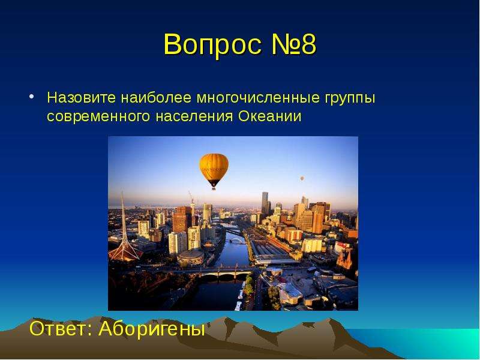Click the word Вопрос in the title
click(x=213, y=44)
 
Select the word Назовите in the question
click(x=82, y=98)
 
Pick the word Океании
click(x=270, y=116)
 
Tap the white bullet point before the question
click(x=32, y=97)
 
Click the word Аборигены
click(x=152, y=329)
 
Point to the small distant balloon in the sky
click(x=302, y=178)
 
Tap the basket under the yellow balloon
click(x=214, y=188)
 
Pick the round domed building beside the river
click(x=190, y=258)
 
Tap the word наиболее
click(x=156, y=98)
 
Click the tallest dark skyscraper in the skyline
click(x=265, y=204)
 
